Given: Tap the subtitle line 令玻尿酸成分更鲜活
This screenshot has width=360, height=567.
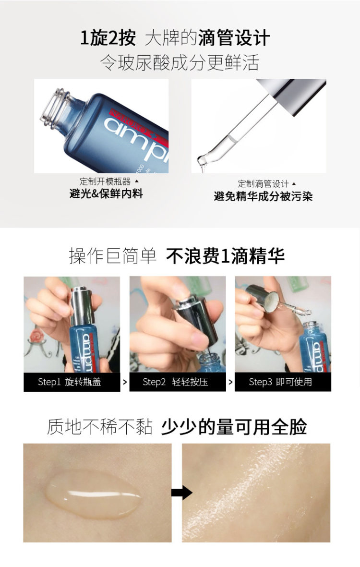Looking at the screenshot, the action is point(180,62).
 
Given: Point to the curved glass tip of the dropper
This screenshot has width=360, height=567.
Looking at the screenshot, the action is point(204,161).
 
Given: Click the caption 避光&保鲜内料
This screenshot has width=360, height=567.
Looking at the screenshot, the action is point(106,193).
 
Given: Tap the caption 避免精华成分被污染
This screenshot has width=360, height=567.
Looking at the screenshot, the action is point(263,196).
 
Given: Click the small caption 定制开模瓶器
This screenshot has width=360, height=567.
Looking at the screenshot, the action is point(105,181).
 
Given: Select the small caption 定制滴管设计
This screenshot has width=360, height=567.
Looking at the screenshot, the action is point(263,184).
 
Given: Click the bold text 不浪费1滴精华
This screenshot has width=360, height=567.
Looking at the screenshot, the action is point(226,256).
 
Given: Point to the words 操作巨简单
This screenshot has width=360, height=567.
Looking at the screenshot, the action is point(113,256).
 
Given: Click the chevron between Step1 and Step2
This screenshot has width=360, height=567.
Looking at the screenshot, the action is point(125,382).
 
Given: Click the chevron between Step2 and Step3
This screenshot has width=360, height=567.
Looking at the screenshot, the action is point(230,382).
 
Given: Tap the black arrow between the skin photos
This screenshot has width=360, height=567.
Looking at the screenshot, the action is point(181,492).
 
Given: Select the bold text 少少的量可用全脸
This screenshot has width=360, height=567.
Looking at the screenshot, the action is point(234,427).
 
